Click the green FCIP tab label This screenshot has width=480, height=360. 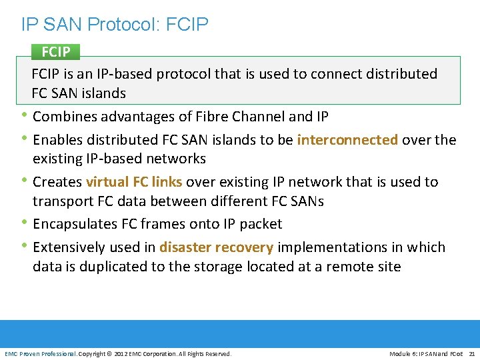click(55, 52)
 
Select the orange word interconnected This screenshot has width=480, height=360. click(347, 139)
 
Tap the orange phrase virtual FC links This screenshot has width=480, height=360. click(134, 181)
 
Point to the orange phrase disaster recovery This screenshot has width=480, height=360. click(216, 247)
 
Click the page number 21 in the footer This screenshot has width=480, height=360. click(472, 353)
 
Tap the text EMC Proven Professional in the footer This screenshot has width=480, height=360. click(41, 353)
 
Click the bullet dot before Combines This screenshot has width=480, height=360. click(25, 115)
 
